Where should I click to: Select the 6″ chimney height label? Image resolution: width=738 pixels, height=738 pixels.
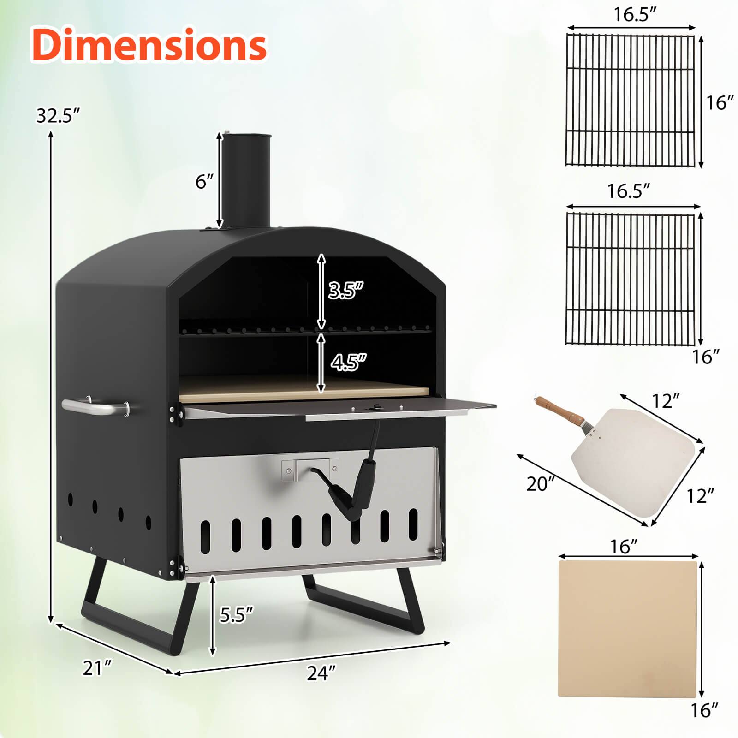(205, 182)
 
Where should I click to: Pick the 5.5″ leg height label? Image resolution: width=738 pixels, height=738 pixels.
(236, 614)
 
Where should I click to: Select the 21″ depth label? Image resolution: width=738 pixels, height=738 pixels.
(97, 667)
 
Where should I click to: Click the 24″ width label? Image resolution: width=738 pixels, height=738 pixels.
(321, 673)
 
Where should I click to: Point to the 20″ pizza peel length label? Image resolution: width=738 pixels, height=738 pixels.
(541, 484)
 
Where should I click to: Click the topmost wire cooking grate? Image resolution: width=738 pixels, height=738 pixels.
(630, 100)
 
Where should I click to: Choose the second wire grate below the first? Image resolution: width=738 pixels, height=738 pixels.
(630, 279)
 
